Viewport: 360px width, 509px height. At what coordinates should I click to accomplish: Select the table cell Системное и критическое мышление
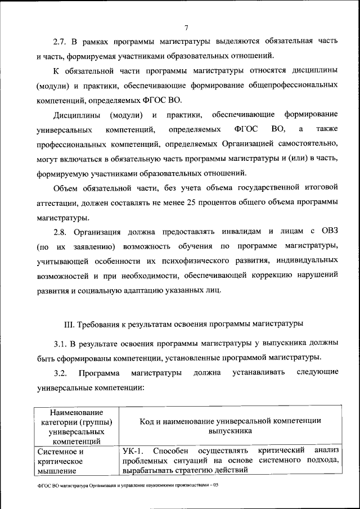[x=61, y=460]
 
